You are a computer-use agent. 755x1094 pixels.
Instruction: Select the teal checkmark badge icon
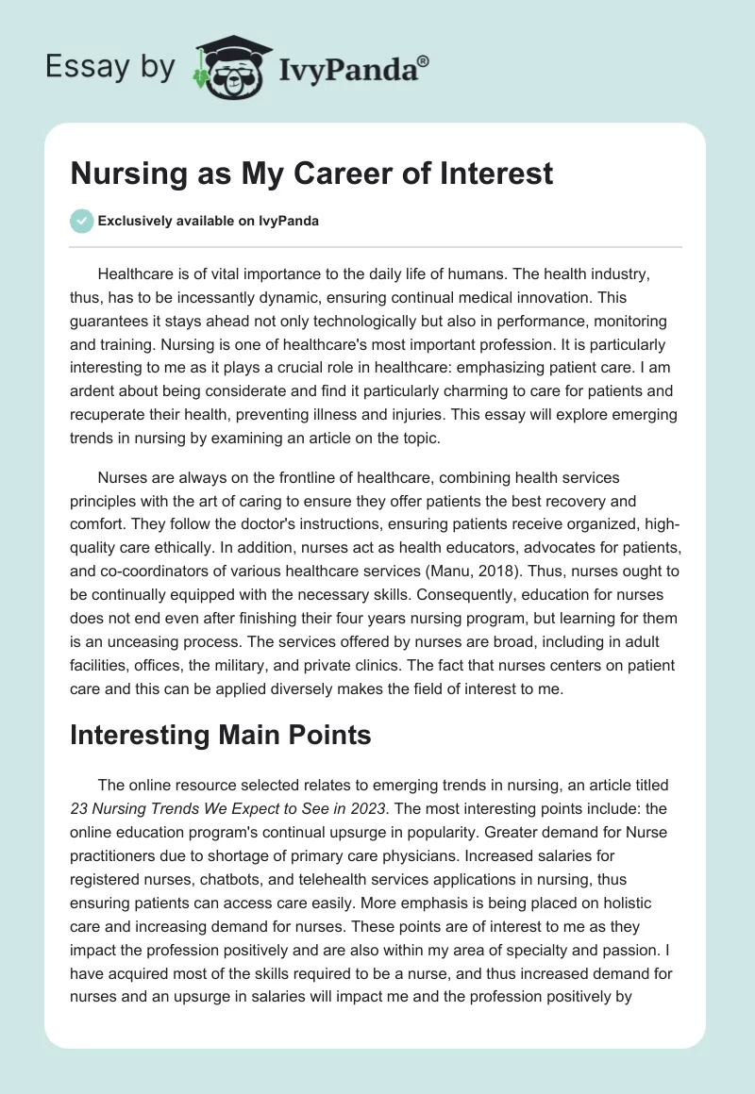[x=81, y=221]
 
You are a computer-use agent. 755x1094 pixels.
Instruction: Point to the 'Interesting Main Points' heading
[x=220, y=736]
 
